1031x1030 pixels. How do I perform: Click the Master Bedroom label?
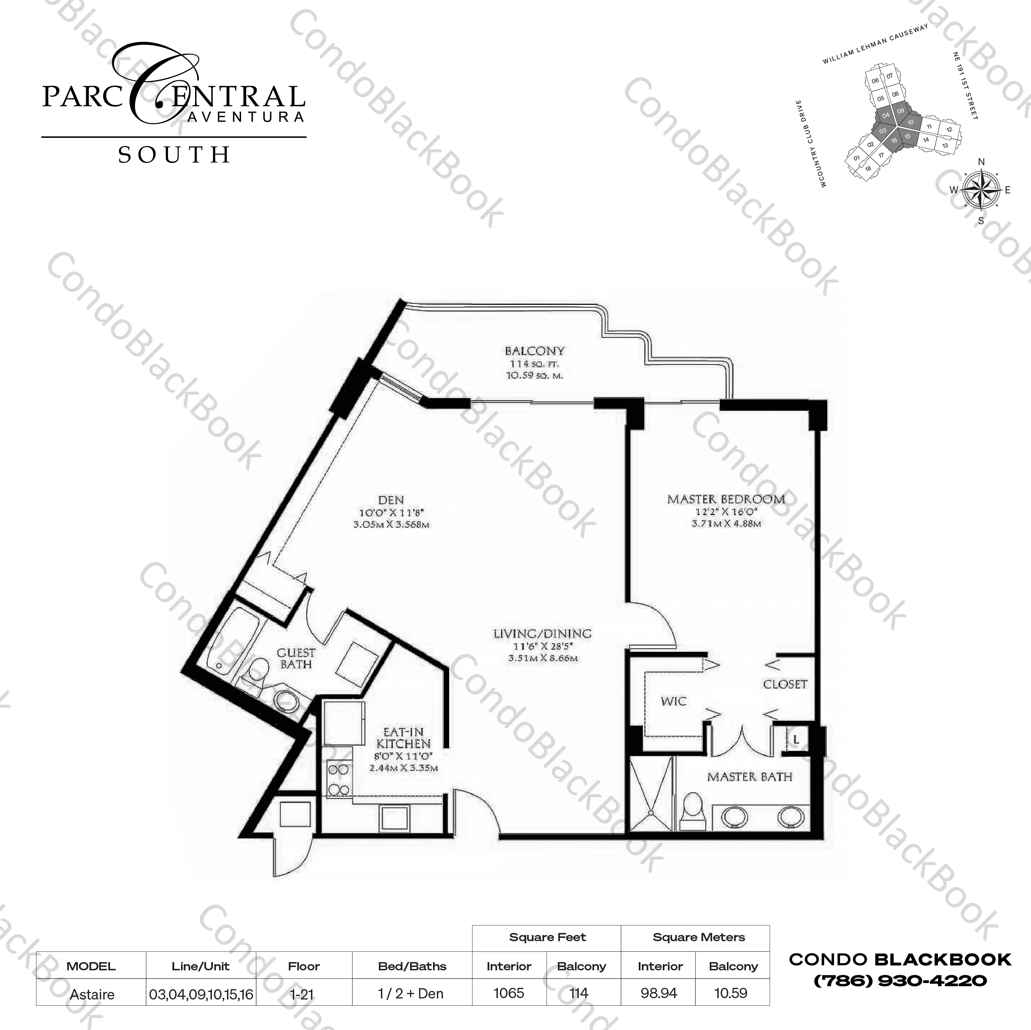coord(726,500)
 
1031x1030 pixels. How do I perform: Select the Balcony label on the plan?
coord(534,351)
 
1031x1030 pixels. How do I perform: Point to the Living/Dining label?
coord(542,634)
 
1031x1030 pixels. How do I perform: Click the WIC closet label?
coord(673,701)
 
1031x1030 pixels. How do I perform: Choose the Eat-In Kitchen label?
coord(404,738)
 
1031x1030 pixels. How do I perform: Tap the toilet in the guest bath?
coord(259,671)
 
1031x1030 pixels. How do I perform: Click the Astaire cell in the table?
coord(92,994)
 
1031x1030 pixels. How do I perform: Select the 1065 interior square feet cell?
coord(508,993)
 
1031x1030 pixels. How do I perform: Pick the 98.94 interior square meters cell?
coord(659,993)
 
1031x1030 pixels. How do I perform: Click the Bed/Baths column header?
coord(412,967)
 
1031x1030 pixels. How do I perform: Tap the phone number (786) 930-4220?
coord(900,980)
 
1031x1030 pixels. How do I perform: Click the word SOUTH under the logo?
coord(174,155)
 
